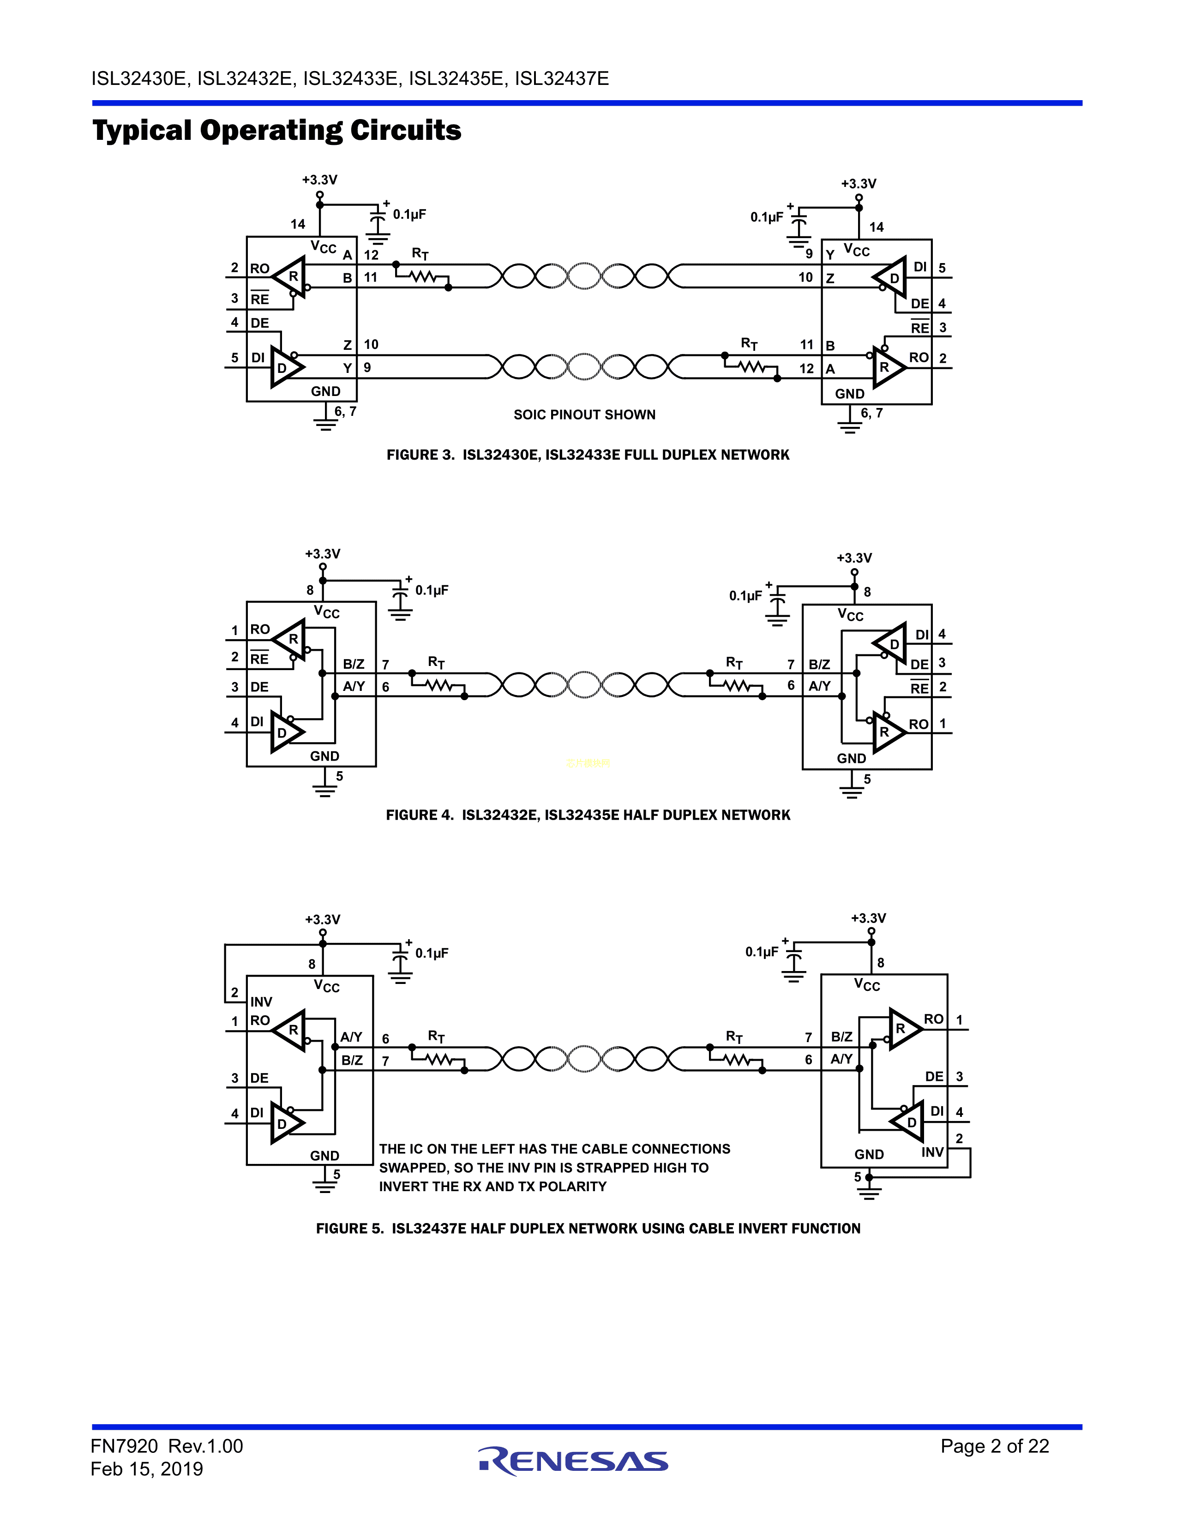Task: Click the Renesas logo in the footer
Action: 573,1461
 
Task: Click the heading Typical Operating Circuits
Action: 277,131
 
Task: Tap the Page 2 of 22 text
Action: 994,1445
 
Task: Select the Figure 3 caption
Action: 588,455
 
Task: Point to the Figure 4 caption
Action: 588,815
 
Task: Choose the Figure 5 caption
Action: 588,1228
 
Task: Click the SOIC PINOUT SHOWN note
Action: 584,414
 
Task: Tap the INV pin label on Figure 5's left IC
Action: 261,1001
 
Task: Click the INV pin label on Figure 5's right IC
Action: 932,1152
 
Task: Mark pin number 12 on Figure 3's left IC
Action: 371,255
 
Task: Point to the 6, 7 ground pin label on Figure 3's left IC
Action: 345,411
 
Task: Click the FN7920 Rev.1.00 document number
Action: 167,1445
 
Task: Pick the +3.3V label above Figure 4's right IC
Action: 854,558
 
